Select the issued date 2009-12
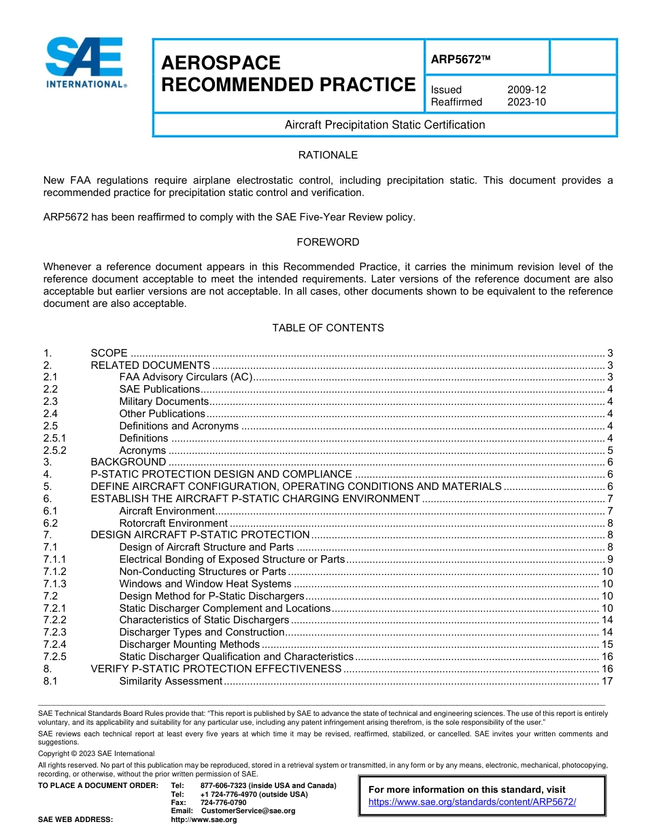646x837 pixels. (526, 90)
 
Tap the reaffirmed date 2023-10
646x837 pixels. (526, 102)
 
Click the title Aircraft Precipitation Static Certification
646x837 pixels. (385, 125)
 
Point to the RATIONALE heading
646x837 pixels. (328, 155)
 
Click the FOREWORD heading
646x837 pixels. (328, 242)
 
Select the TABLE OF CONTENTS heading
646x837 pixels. (328, 328)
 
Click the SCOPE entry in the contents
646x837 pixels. (109, 353)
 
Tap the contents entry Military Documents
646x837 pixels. (163, 401)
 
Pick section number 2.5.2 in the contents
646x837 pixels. (56, 450)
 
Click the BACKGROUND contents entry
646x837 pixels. (129, 462)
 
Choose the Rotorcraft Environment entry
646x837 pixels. (173, 523)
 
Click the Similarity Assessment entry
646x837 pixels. (171, 681)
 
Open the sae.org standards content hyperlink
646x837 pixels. (472, 802)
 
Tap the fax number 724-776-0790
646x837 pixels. (224, 802)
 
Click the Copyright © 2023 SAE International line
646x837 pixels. (97, 753)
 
